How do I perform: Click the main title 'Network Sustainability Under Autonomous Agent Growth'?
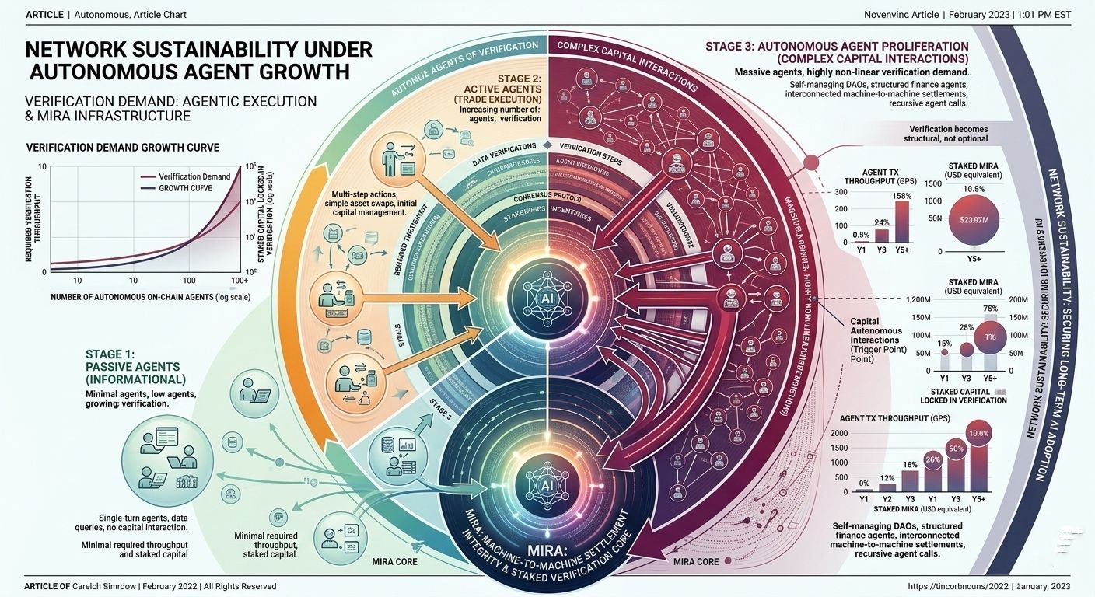coord(199,61)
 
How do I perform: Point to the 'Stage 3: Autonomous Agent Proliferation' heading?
coord(837,52)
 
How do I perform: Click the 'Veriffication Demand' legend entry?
coord(194,176)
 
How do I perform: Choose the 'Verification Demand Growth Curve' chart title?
coord(123,147)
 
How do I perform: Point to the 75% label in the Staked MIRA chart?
coord(991,308)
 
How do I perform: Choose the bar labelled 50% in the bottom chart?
coord(957,466)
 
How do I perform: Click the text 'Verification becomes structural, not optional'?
coord(948,134)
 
